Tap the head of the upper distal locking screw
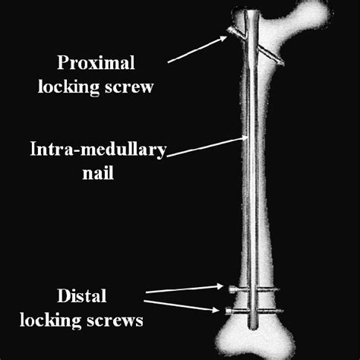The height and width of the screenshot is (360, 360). pyautogui.click(x=228, y=289)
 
